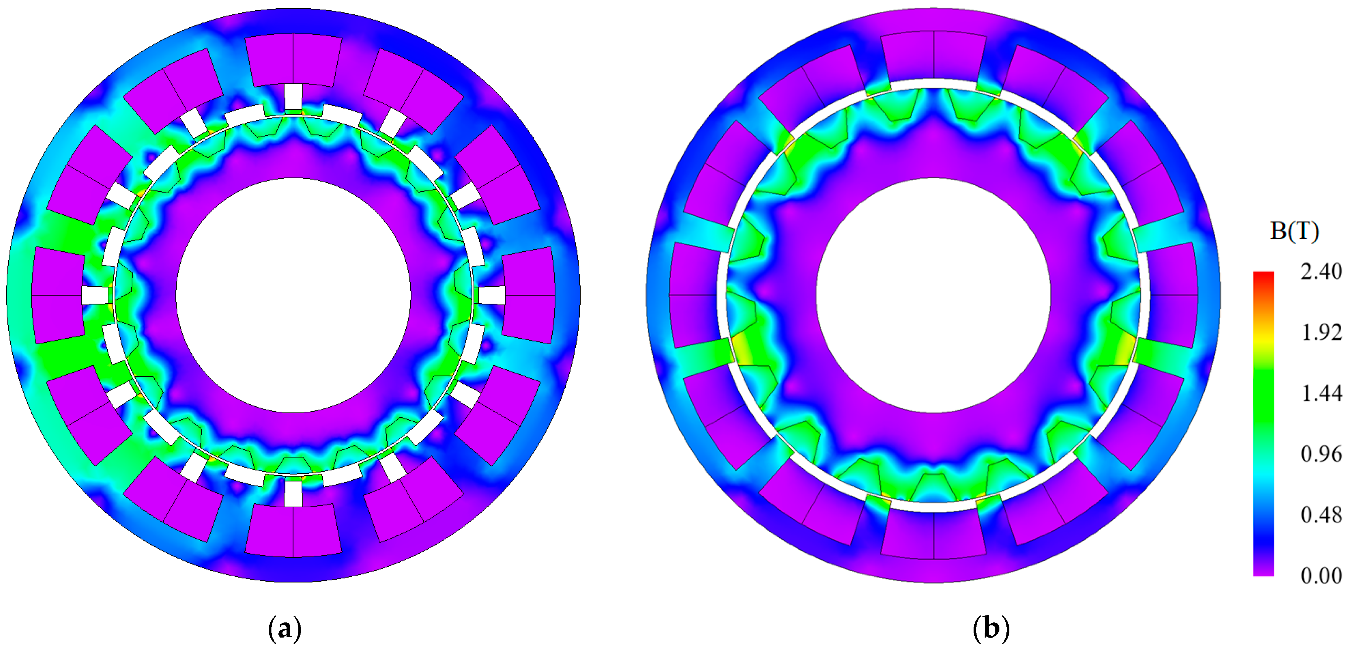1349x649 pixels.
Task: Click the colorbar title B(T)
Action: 1294,231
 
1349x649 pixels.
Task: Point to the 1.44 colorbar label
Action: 1321,393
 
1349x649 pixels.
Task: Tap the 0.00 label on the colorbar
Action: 1321,575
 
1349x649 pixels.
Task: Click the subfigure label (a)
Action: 284,628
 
